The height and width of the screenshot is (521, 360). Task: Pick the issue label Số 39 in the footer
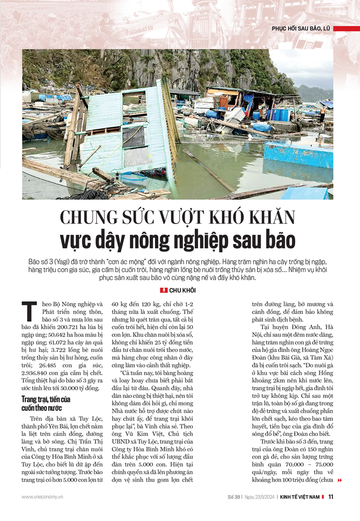(x=233, y=497)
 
